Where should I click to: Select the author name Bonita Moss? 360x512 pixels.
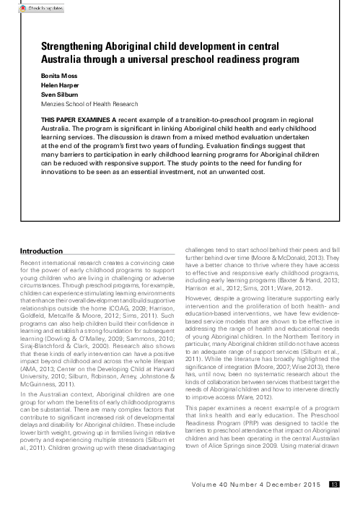pyautogui.click(x=58, y=76)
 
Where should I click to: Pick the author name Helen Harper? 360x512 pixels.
pyautogui.click(x=60, y=84)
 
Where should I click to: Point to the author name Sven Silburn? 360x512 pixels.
pyautogui.click(x=58, y=92)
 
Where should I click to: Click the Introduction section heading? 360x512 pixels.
pyautogui.click(x=43, y=251)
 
